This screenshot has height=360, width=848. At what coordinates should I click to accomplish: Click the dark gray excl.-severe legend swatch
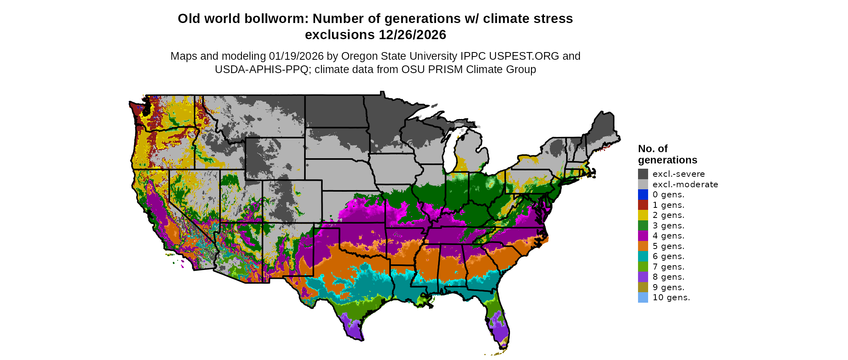(x=643, y=174)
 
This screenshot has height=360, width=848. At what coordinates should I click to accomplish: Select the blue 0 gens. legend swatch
(x=643, y=195)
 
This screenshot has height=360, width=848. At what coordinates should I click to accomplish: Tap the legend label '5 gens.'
(x=668, y=246)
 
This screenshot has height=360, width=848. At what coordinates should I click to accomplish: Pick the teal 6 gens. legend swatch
(x=643, y=256)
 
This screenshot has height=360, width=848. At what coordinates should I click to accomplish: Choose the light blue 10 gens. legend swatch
(x=643, y=297)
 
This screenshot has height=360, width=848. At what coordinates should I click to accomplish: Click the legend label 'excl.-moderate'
(x=685, y=184)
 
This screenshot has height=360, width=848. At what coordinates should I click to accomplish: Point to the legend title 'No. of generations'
(x=667, y=154)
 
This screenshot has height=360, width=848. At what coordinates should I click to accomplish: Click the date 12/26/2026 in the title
(x=412, y=35)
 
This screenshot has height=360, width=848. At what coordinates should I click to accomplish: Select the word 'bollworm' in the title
(x=280, y=19)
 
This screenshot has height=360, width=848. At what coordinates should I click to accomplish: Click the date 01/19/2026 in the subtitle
(x=296, y=56)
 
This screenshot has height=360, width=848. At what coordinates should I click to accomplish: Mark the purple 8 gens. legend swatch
(x=643, y=277)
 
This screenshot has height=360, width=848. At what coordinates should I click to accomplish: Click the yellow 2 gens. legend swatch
(x=643, y=215)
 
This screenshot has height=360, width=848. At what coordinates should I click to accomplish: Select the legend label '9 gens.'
(x=668, y=287)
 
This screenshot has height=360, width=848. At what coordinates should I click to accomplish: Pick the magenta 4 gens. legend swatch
(x=643, y=236)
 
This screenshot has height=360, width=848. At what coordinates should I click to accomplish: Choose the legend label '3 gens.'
(x=668, y=226)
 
